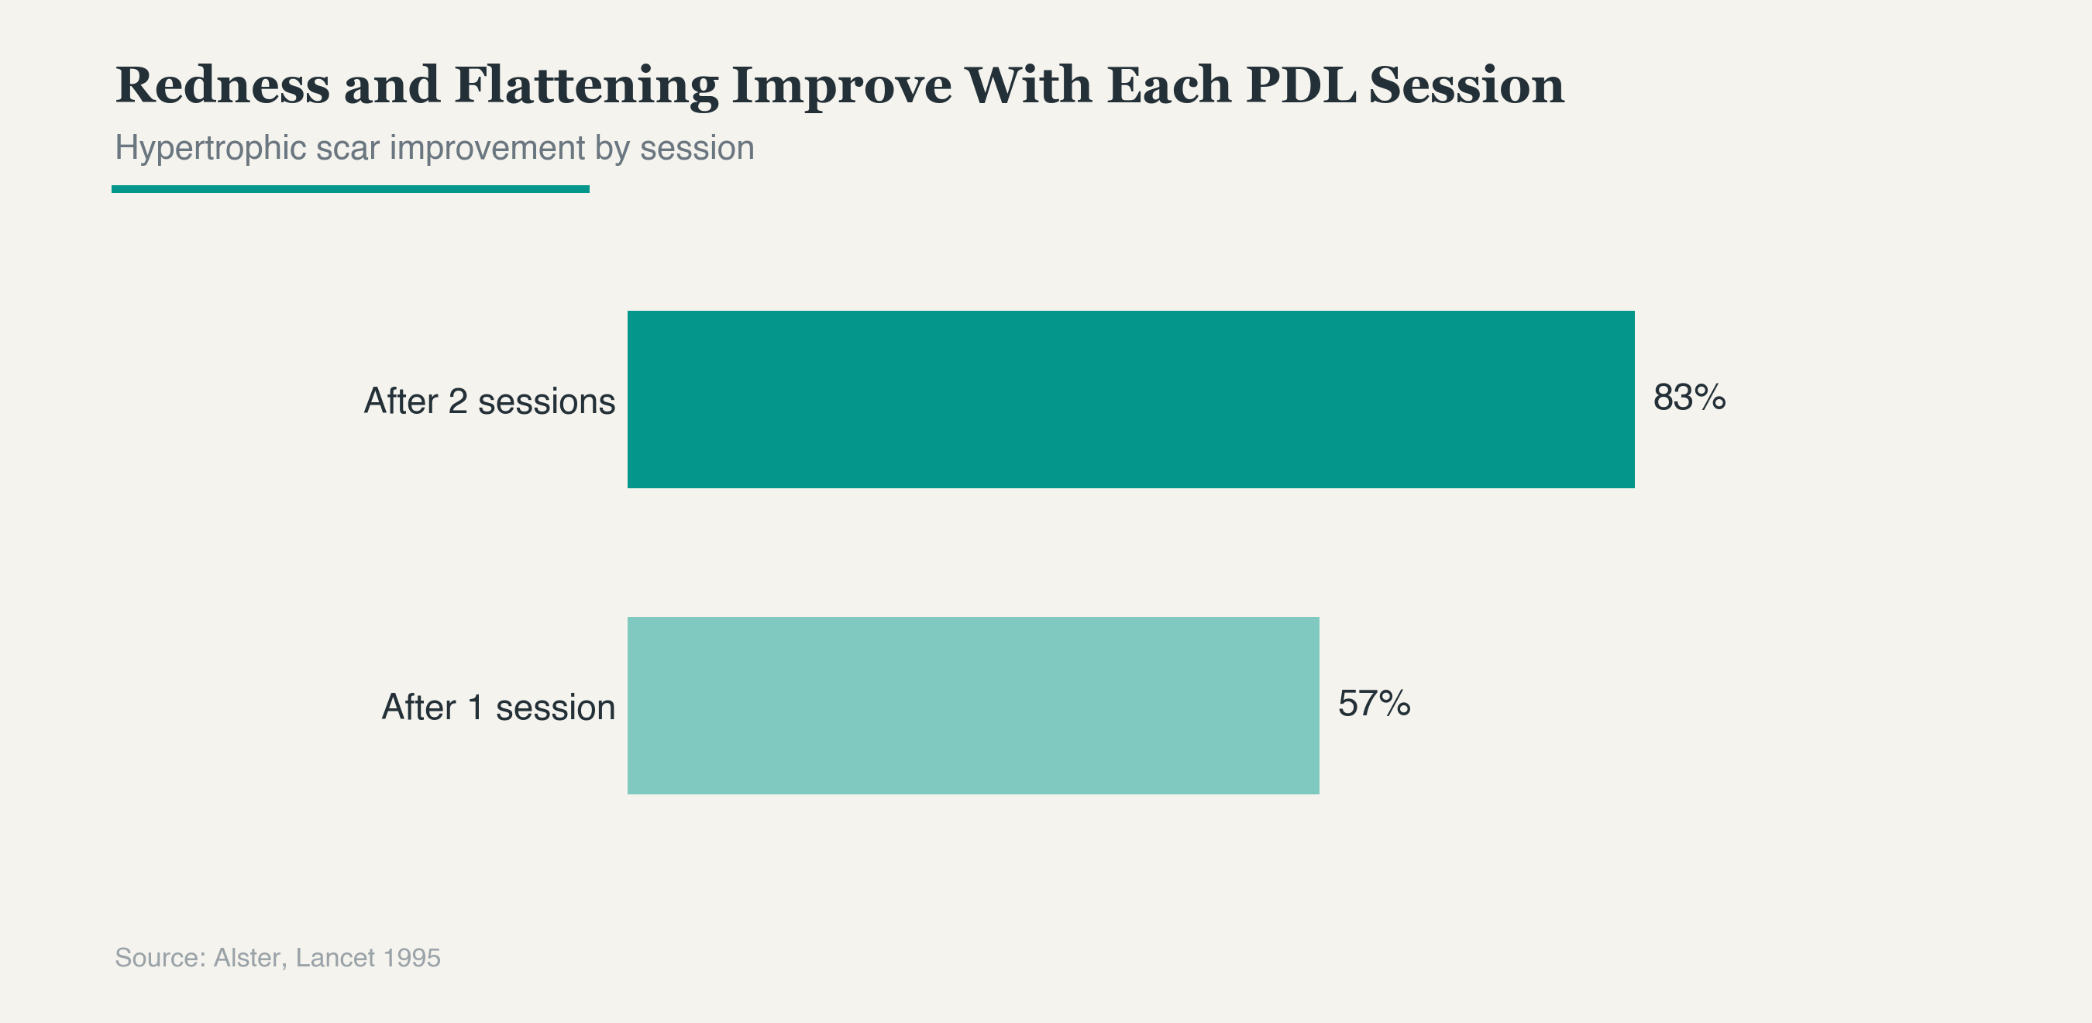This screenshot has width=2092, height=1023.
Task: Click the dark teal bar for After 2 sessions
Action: coord(1130,399)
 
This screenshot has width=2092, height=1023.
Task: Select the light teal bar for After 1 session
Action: coord(973,705)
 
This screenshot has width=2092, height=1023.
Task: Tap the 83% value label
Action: coord(1689,398)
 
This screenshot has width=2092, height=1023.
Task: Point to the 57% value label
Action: coord(1374,704)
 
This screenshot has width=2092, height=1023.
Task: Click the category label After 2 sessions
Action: coord(490,401)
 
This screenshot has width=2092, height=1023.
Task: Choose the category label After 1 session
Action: coord(499,708)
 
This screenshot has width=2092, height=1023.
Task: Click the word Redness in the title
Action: coord(222,84)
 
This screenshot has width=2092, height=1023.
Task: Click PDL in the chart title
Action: coord(1301,84)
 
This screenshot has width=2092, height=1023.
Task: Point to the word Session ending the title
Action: coord(1467,84)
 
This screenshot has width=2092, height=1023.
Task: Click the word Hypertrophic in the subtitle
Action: coord(210,149)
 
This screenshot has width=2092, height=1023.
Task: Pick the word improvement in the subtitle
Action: coord(487,149)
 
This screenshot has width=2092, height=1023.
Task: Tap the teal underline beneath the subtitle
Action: coord(350,189)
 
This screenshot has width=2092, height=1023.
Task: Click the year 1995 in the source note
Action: coord(411,958)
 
